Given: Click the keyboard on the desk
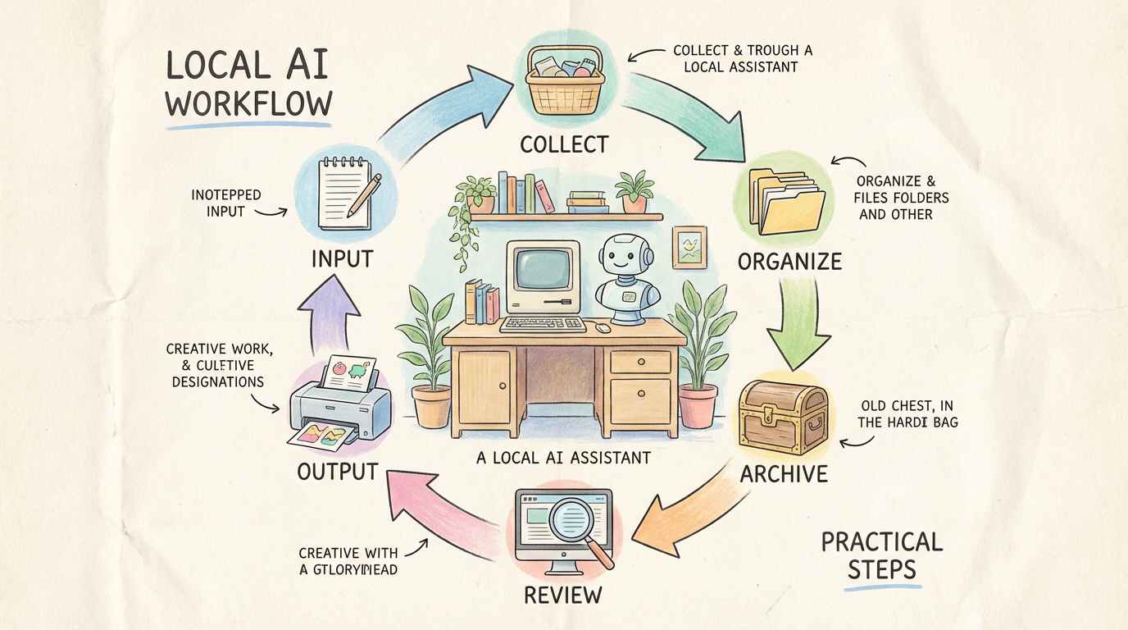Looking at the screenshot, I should point(542,324).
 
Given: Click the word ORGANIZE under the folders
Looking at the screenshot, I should point(789,262).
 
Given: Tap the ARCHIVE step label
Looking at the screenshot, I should point(783,474).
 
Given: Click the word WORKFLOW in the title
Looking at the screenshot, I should point(248,104).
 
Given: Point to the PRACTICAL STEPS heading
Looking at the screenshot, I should point(881,555).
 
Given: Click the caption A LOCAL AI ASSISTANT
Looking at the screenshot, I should point(563,458).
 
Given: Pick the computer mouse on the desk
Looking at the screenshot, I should point(603,327).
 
